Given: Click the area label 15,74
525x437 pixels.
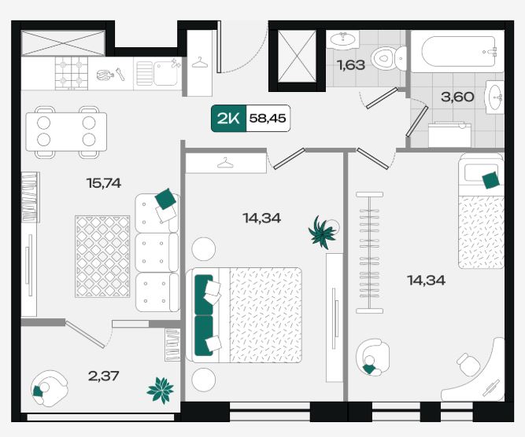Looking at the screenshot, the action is pos(104,183).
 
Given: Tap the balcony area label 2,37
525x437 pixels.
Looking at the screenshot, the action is pos(103,376).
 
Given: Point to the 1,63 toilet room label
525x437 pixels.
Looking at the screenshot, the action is pos(351,65).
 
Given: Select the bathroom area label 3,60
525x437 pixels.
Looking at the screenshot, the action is pos(457,97).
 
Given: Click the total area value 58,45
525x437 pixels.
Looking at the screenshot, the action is pos(268,118).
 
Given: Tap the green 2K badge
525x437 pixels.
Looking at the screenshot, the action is pos(229,119).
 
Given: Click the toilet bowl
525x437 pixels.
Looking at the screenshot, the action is pos(389,58).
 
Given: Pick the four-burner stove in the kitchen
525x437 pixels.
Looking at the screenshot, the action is pos(72,73).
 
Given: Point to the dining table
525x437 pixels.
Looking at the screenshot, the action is pos(66,132).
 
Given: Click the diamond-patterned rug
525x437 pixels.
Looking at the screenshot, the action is pos(102,256).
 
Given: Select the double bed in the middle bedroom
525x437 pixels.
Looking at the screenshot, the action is pos(244,315).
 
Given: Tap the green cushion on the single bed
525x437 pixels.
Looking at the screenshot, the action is pos(491,180).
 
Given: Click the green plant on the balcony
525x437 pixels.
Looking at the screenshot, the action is pos(161,390).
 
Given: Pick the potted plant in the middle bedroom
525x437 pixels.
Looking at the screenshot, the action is pos(322,233).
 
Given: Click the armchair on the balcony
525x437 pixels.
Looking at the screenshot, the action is pos(49,388).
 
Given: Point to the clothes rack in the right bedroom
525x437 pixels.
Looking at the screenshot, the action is pos(369,253).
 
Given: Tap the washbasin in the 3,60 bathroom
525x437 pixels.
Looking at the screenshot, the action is pos(494,97).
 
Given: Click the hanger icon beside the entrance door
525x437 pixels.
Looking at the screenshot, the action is pos(200,63).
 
